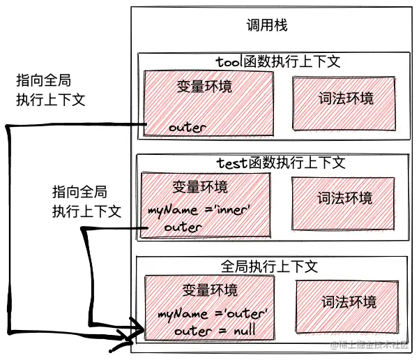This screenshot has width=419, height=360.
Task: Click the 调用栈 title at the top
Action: pos(266,26)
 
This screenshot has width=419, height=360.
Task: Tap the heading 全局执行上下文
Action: pos(269,267)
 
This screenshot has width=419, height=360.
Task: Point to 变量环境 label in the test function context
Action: pos(199,188)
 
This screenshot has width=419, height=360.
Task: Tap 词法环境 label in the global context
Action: pos(349,302)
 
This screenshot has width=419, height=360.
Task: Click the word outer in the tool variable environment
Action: pos(188,128)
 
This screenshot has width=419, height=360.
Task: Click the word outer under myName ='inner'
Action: pos(183,227)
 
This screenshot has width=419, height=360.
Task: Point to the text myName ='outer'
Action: pos(212,314)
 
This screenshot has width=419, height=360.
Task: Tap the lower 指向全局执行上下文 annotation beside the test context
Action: pos(86,201)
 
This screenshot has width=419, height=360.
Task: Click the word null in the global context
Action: pos(241,331)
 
